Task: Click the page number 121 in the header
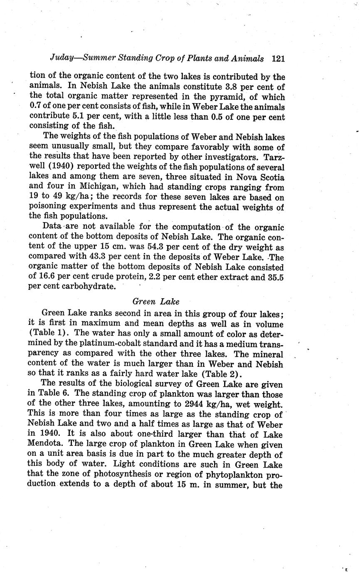click(x=278, y=59)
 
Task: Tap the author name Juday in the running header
click(x=62, y=59)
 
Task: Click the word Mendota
click(x=46, y=445)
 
